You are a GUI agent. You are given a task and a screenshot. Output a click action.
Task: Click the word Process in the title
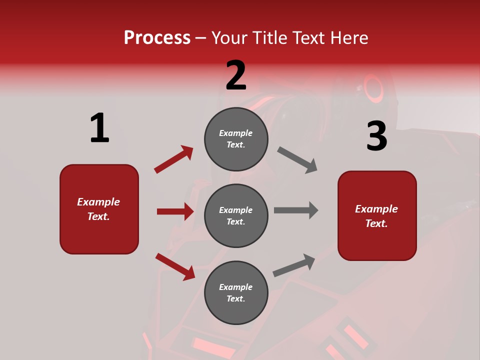tap(157, 38)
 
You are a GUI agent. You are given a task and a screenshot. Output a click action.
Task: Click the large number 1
tap(99, 128)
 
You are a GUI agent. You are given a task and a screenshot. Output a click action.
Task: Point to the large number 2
tap(236, 75)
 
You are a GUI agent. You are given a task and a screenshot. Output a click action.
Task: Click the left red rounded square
tap(99, 209)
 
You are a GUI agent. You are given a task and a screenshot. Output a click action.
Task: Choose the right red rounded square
tap(377, 215)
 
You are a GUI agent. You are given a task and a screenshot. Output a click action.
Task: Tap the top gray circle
tap(236, 139)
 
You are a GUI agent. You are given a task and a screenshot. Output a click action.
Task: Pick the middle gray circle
tap(236, 215)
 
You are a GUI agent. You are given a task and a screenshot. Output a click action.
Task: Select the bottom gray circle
tap(236, 292)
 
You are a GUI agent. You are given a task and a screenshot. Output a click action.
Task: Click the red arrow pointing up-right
tap(173, 159)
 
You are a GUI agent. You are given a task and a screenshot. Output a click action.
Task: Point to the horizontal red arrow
tap(175, 211)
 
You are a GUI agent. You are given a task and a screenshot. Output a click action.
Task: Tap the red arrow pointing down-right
tap(175, 266)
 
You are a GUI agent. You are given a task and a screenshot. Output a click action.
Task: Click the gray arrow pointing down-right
tap(297, 160)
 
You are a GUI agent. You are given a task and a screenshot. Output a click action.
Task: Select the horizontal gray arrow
tap(295, 210)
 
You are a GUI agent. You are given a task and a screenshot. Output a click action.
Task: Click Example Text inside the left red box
tap(98, 209)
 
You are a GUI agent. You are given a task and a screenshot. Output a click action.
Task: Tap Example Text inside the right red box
tap(376, 216)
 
